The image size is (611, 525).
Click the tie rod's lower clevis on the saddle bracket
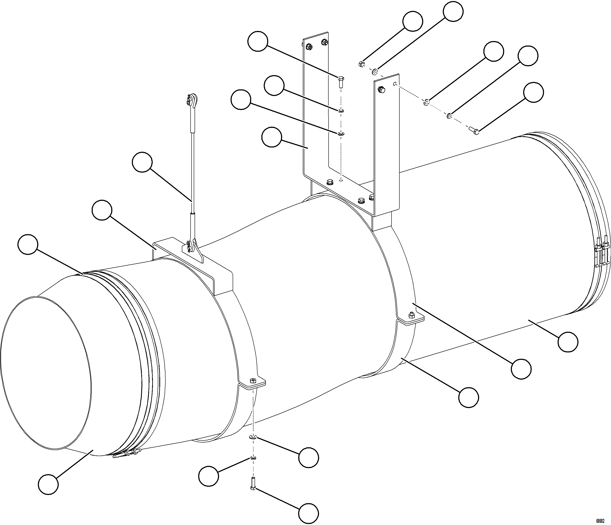tap(192, 245)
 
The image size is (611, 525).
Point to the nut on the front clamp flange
tap(252, 380)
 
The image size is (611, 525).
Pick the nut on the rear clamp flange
tap(411, 315)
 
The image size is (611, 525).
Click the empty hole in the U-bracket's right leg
tap(395, 84)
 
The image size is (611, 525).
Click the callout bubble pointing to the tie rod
tap(142, 162)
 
